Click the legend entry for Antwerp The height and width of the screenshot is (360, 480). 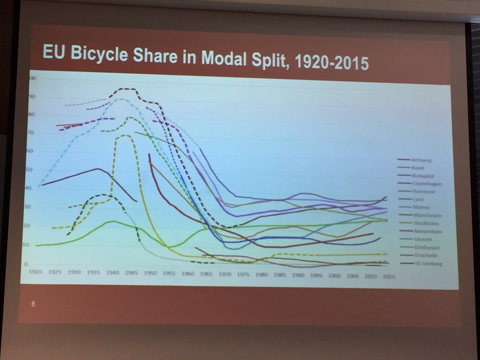(421, 160)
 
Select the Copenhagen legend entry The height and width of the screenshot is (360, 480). (427, 184)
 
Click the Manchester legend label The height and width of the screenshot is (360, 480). (427, 216)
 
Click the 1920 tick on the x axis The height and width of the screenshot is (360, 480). (35, 272)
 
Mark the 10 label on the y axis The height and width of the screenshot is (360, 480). (25, 245)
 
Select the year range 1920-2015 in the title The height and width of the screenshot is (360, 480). (332, 63)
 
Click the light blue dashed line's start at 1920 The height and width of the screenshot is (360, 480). (39, 186)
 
